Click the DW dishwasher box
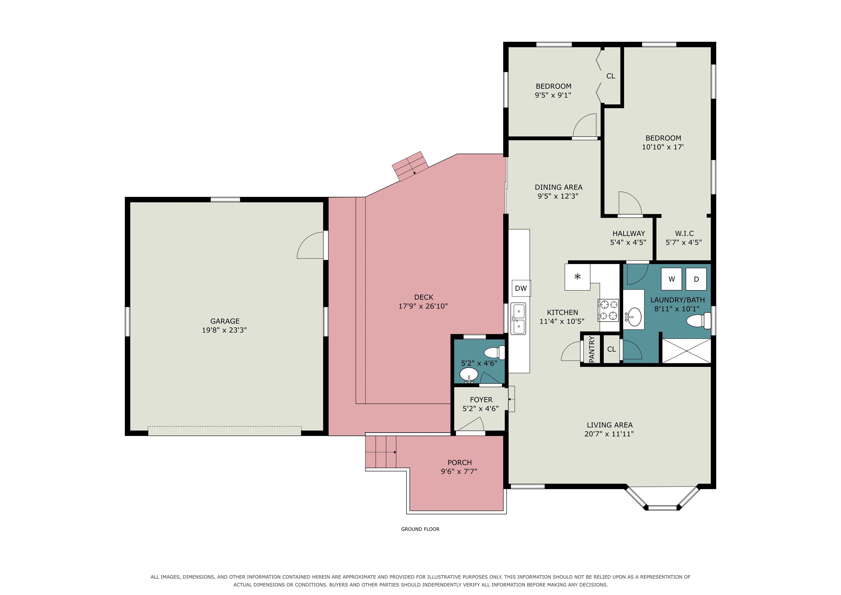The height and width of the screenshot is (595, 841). click(521, 288)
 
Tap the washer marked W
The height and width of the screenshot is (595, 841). click(672, 279)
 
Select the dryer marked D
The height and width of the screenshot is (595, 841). click(696, 279)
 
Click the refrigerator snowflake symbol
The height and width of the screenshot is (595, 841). click(577, 276)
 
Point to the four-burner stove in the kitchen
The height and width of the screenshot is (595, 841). click(608, 310)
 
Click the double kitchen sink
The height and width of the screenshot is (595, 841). click(518, 319)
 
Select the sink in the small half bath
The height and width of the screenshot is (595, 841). click(469, 375)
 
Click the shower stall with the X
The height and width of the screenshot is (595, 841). click(686, 351)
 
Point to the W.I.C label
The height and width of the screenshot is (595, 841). click(684, 233)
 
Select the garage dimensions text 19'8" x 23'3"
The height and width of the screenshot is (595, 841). click(224, 330)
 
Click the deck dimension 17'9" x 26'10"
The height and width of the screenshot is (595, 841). click(423, 306)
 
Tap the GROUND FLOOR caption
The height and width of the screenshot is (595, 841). click(420, 529)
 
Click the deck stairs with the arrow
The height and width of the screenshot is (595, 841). click(410, 166)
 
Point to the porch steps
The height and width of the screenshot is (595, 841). click(381, 452)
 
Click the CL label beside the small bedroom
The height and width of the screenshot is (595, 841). click(610, 76)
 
